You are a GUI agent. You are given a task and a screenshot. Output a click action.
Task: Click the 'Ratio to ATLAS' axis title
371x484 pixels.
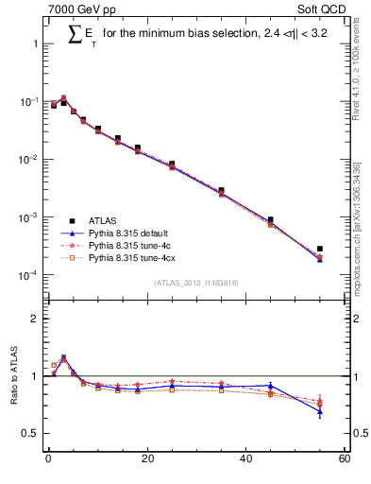pyautogui.click(x=15, y=377)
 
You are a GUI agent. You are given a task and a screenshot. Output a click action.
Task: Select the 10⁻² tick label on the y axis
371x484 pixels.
pyautogui.click(x=27, y=160)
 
